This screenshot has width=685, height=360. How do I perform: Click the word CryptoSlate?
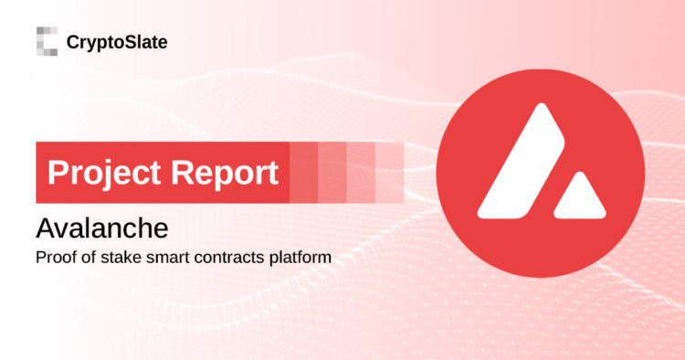[116, 41]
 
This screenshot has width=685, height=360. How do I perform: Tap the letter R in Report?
[180, 173]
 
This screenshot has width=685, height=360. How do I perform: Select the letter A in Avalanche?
[44, 227]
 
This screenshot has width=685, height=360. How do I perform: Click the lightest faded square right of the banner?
[388, 172]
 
